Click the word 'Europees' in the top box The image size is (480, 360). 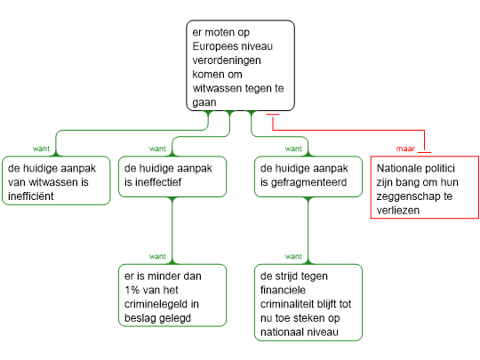[211, 47]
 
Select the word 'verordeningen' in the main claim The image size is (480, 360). [227, 60]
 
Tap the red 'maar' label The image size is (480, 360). [405, 148]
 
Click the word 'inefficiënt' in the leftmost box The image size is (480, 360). [30, 196]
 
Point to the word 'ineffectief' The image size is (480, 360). [153, 182]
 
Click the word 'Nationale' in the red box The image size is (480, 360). [396, 168]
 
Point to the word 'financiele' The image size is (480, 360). [283, 290]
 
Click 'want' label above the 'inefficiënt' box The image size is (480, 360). [41, 148]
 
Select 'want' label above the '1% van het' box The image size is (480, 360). [157, 256]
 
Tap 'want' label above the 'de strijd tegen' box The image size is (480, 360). [293, 256]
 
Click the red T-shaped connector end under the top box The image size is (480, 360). [273, 115]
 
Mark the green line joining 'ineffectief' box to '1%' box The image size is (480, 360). [172, 230]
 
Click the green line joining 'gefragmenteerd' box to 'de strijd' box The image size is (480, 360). [308, 230]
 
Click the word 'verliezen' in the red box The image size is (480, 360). [398, 211]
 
